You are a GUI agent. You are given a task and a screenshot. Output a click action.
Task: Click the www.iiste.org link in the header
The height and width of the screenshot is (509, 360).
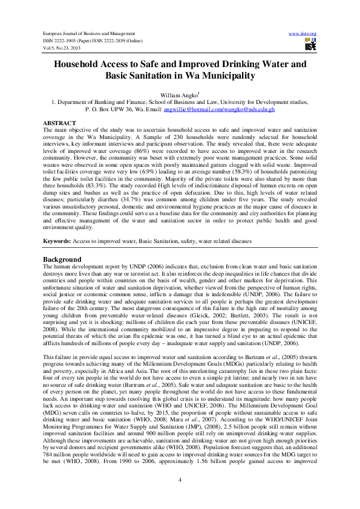click(x=303, y=33)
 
